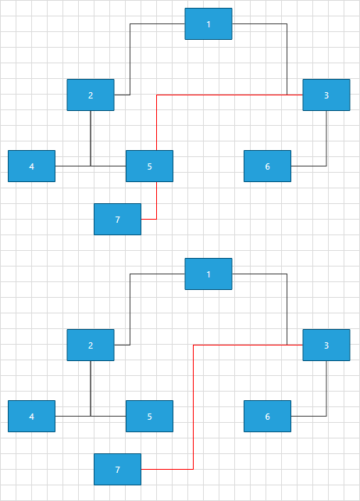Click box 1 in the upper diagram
209,23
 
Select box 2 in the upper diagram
91,95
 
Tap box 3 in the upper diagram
326,95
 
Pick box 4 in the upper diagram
31,166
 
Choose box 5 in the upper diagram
149,166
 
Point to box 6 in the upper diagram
267,166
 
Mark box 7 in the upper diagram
117,219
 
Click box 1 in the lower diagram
209,274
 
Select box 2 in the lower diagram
91,345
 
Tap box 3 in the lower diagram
326,345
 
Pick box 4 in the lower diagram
31,416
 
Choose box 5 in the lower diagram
149,416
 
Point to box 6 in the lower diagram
267,416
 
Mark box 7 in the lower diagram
117,469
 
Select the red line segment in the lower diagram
168,469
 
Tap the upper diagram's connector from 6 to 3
326,141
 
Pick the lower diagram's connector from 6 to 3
326,391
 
